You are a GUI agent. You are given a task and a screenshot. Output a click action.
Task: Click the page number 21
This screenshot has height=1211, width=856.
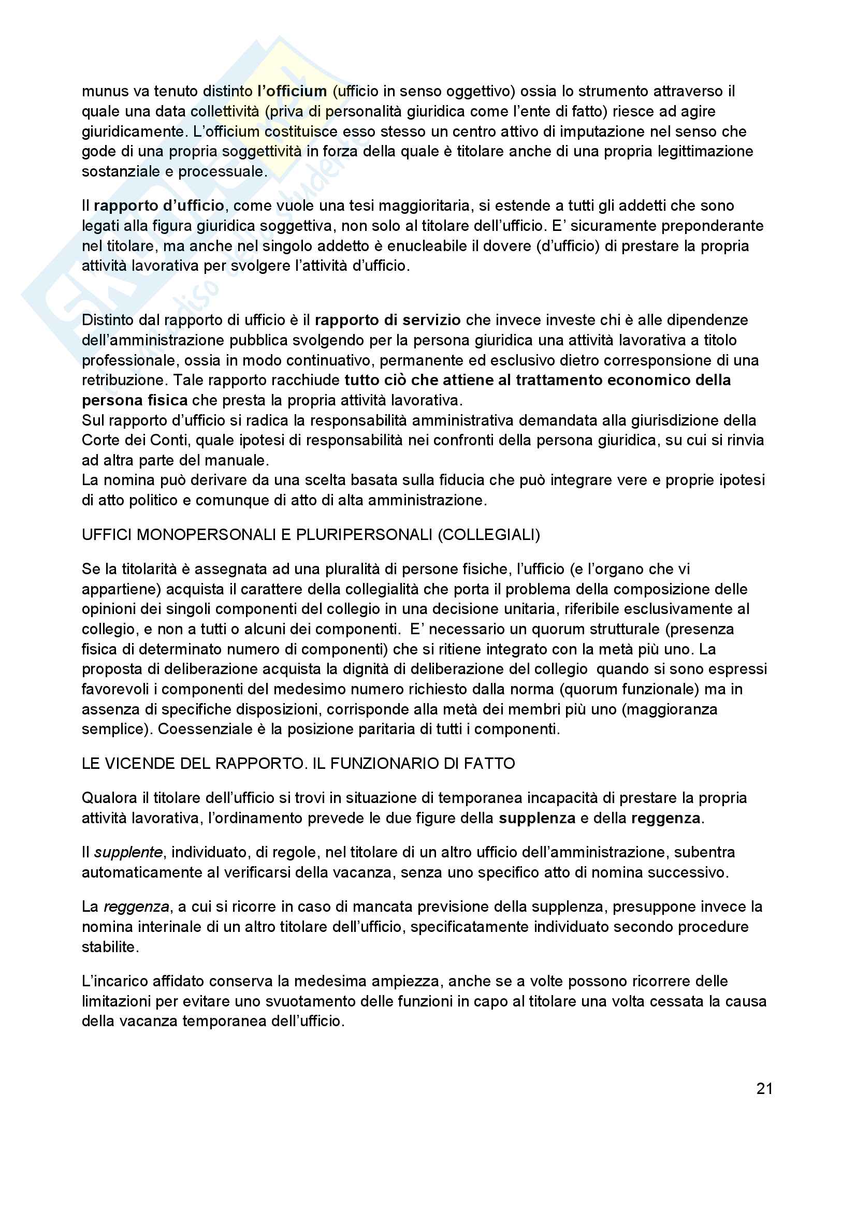coord(764,1089)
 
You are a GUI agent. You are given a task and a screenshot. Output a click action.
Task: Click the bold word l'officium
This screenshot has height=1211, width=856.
coord(292,91)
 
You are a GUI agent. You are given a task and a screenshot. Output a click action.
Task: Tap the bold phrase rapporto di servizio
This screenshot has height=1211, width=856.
coord(388,320)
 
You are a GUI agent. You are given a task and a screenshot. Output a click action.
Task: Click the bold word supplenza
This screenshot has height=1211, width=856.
coord(537,819)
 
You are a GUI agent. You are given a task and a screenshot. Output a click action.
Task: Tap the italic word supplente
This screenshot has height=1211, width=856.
coord(128,852)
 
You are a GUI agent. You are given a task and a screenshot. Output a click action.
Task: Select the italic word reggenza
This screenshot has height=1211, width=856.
coord(136,907)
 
